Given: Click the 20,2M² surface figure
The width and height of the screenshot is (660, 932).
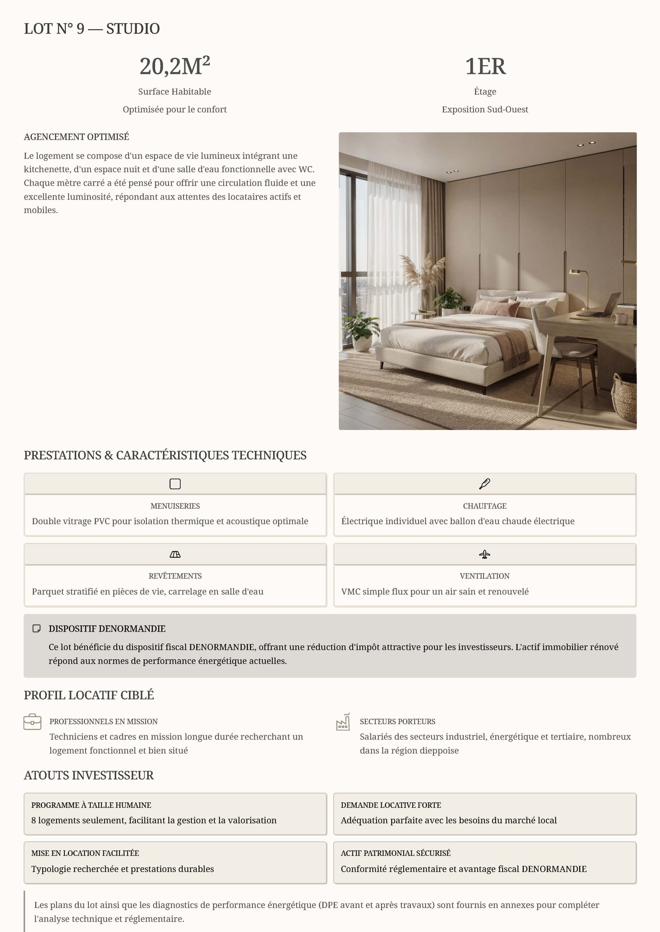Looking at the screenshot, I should click(175, 66).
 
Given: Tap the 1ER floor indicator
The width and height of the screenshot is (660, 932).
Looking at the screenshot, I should click(485, 66).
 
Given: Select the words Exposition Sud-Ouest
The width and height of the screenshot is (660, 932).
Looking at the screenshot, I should click(485, 109).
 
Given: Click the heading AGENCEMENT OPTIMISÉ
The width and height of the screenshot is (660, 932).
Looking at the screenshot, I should click(76, 137).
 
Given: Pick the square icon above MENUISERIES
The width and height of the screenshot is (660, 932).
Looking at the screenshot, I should click(175, 484).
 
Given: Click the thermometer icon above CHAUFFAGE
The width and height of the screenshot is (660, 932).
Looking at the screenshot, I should click(484, 484).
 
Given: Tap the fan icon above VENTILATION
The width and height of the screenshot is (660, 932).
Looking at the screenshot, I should click(484, 554).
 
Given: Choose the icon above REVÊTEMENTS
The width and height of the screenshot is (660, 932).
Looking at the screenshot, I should click(175, 554).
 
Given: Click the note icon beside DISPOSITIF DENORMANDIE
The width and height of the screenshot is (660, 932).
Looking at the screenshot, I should click(36, 629).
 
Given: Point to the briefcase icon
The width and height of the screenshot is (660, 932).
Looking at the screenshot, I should click(32, 722).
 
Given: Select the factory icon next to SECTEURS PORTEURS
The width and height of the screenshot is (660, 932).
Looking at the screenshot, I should click(343, 722).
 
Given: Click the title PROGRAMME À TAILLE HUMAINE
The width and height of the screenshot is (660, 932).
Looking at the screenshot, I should click(91, 805).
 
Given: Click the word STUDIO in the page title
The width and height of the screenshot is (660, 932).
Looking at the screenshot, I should click(133, 28).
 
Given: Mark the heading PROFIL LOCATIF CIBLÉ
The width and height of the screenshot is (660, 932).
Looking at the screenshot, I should click(89, 695).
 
